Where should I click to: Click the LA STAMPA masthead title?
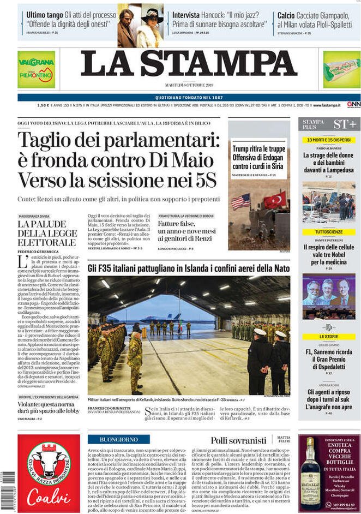(189, 64)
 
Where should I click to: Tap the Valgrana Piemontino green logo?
(36, 69)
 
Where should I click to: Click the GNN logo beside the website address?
(353, 105)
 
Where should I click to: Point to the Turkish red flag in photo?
(275, 200)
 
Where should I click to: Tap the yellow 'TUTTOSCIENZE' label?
(329, 232)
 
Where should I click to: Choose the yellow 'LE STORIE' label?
(329, 337)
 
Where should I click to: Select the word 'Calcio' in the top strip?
(286, 15)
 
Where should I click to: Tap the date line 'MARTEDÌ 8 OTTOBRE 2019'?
(189, 85)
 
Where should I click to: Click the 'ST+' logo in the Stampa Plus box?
(345, 124)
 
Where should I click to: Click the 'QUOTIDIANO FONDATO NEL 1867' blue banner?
(189, 97)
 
